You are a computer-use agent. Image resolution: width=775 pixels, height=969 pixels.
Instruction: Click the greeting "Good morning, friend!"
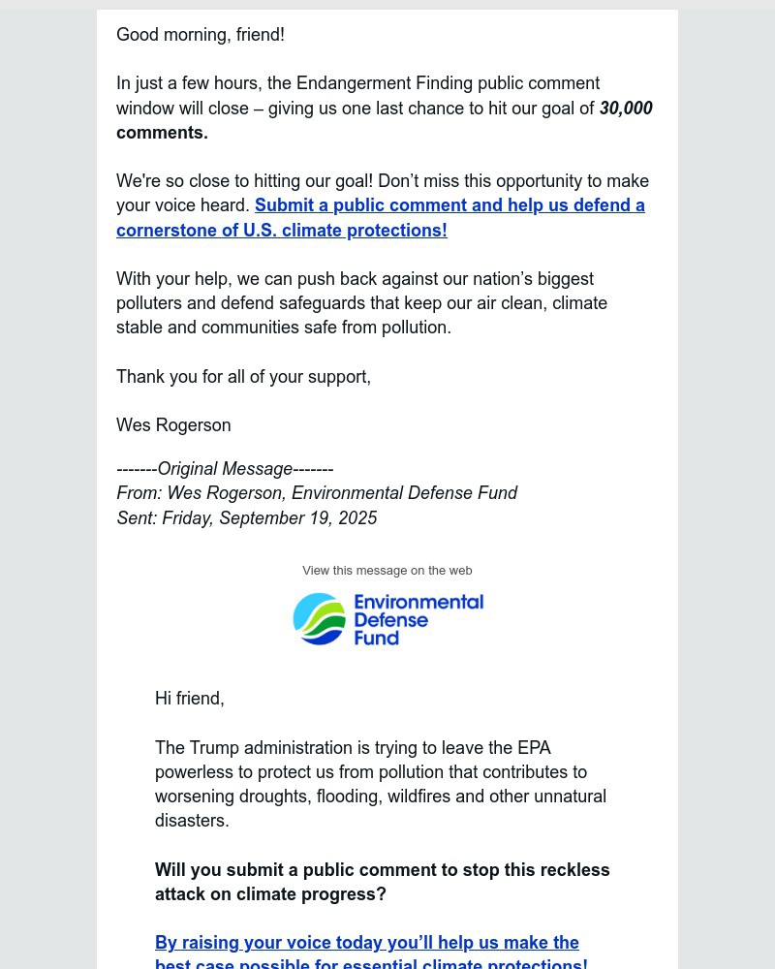(x=201, y=35)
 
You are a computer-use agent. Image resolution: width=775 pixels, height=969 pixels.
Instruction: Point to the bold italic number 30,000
(x=626, y=109)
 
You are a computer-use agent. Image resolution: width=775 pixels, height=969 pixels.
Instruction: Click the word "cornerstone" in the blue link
(x=163, y=231)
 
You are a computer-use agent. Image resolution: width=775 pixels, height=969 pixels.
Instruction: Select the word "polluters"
(x=150, y=303)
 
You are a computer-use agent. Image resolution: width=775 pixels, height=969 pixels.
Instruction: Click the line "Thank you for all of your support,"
(x=243, y=377)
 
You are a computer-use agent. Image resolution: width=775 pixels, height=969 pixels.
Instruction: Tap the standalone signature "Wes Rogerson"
(x=173, y=425)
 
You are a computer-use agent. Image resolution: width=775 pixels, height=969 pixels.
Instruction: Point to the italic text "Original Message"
(x=225, y=469)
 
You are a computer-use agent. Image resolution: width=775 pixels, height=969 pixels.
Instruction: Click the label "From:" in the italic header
(x=139, y=494)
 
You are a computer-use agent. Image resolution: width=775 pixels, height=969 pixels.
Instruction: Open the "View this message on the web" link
(x=387, y=571)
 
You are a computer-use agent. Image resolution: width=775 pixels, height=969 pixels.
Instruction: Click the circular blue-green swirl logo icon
(x=319, y=619)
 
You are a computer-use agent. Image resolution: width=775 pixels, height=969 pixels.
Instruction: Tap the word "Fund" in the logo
(x=377, y=639)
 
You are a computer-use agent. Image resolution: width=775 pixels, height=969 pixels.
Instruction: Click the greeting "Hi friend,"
(x=190, y=699)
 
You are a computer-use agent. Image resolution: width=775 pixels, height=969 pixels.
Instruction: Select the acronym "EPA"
(x=534, y=748)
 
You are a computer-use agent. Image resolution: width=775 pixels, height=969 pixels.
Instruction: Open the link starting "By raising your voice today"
(x=367, y=944)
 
